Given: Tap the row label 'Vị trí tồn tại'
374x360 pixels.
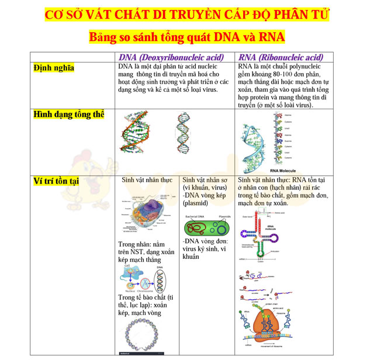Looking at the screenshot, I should pyautogui.click(x=58, y=180).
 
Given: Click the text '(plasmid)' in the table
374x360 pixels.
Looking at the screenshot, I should pyautogui.click(x=196, y=204).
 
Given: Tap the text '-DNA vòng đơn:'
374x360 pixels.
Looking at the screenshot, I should pyautogui.click(x=205, y=241).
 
